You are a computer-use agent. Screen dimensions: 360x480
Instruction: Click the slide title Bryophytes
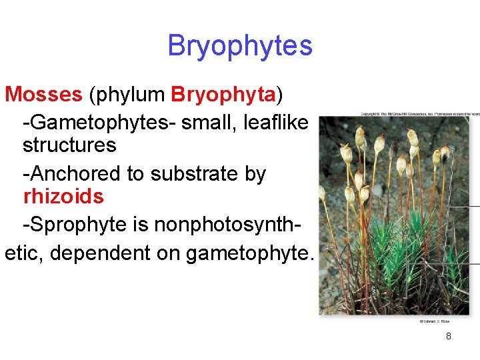pos(239,46)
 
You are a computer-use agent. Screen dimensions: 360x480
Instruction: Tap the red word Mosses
pos(43,95)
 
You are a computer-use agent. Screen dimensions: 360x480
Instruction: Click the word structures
pos(69,145)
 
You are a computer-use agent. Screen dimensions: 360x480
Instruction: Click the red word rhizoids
pos(63,197)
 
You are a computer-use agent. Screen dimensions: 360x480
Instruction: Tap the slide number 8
pos(448,336)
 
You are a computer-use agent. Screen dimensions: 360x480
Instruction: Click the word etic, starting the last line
pos(23,253)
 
